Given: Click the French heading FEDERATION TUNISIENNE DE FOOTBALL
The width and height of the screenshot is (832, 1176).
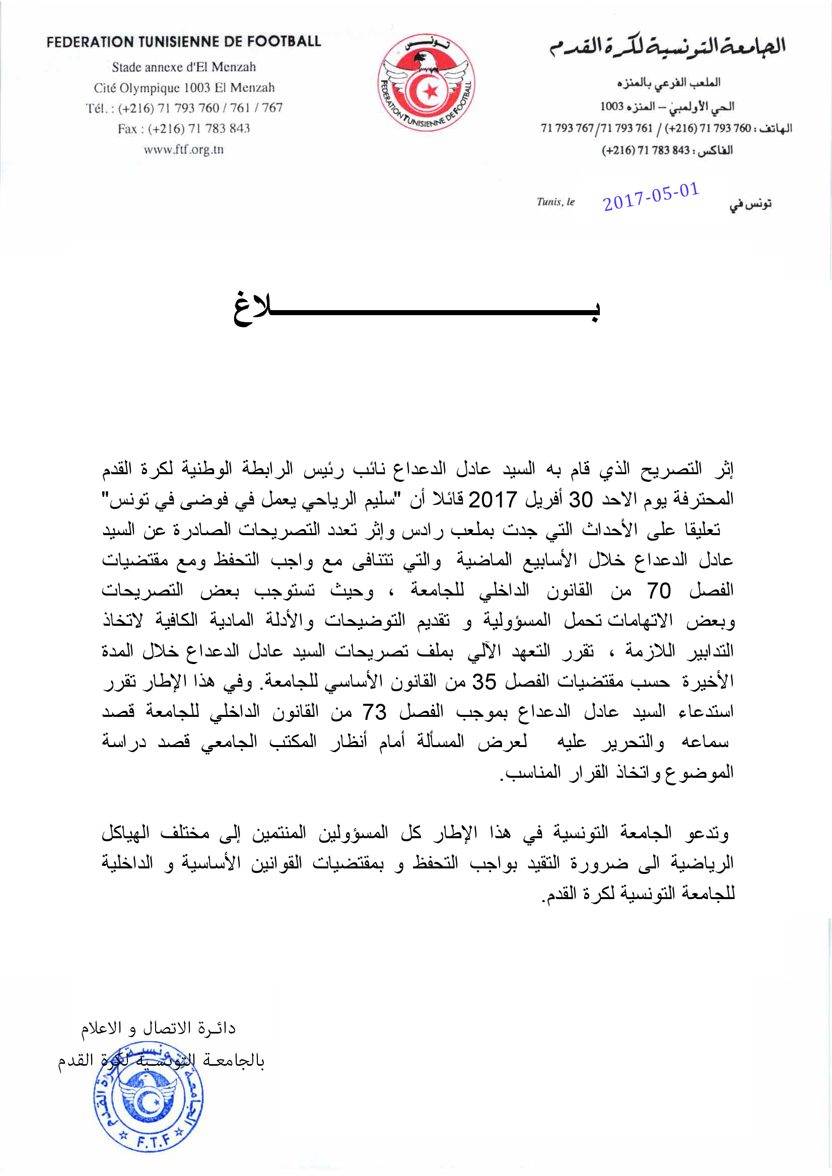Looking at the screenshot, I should point(183,41).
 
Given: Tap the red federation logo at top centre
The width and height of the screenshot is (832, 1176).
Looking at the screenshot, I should point(426,84).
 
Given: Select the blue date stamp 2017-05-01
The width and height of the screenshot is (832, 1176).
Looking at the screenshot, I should point(651,197).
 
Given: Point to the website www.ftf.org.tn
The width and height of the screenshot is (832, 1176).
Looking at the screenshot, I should point(183,150).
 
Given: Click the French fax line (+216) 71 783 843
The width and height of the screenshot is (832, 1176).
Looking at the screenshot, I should point(183,128).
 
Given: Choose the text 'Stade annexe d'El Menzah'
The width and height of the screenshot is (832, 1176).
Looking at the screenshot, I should point(183,67).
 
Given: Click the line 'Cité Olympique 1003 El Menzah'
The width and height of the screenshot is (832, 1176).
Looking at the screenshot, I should point(183,88).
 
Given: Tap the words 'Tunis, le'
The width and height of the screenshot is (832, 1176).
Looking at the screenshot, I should point(556,202).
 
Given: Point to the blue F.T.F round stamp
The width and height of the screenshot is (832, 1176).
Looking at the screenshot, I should point(148,1106).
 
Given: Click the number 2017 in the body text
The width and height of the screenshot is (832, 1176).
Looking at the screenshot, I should point(493,499).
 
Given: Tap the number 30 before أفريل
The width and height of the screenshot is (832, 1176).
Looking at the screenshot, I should point(581,499).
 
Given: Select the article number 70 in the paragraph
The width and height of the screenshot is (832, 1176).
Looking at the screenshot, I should point(658,591).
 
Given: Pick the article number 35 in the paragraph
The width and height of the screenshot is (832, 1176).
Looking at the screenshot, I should point(484,682).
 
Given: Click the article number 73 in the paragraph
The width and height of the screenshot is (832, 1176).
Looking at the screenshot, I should point(374,712).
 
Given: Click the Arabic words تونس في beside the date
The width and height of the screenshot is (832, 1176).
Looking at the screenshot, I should point(750,204).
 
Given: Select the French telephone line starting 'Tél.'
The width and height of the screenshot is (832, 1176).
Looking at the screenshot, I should point(183,108).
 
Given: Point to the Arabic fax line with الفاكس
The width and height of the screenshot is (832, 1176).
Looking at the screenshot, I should point(667,150).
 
